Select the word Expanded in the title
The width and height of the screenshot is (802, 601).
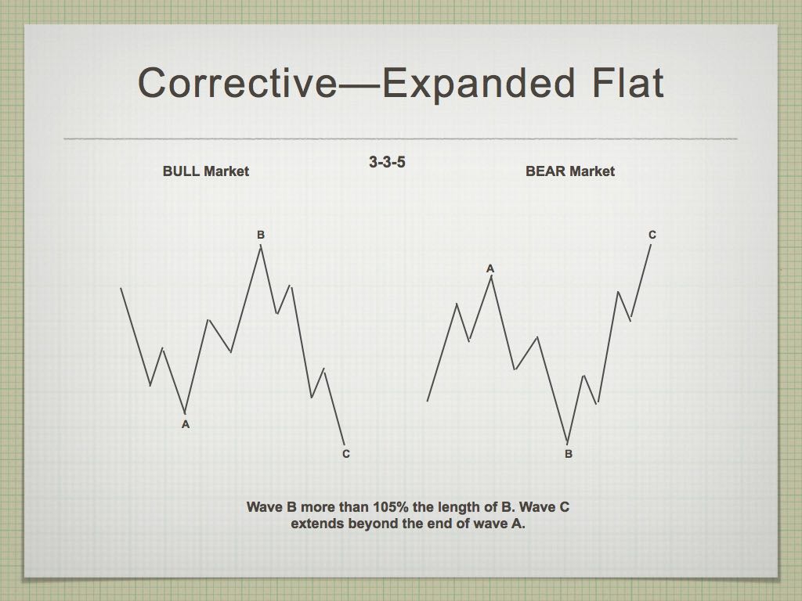click(479, 82)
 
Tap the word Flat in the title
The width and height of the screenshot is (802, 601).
click(628, 82)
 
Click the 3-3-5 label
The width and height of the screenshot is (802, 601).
click(387, 162)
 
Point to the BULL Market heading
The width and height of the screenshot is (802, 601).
click(206, 171)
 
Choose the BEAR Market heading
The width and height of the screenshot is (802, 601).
click(570, 171)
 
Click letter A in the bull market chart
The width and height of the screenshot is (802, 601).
click(186, 424)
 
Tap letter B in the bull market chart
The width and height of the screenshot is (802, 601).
click(261, 235)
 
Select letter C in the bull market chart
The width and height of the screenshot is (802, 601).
click(345, 454)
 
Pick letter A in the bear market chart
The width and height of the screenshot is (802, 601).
click(490, 269)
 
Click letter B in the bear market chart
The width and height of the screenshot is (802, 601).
click(569, 454)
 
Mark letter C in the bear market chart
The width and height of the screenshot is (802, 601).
click(652, 235)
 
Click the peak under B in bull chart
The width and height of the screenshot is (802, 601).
click(261, 246)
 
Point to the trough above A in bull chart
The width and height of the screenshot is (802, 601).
click(185, 412)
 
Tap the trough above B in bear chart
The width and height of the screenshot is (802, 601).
click(567, 443)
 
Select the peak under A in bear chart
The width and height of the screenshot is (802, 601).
click(491, 276)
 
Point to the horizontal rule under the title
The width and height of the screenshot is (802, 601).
click(400, 139)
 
